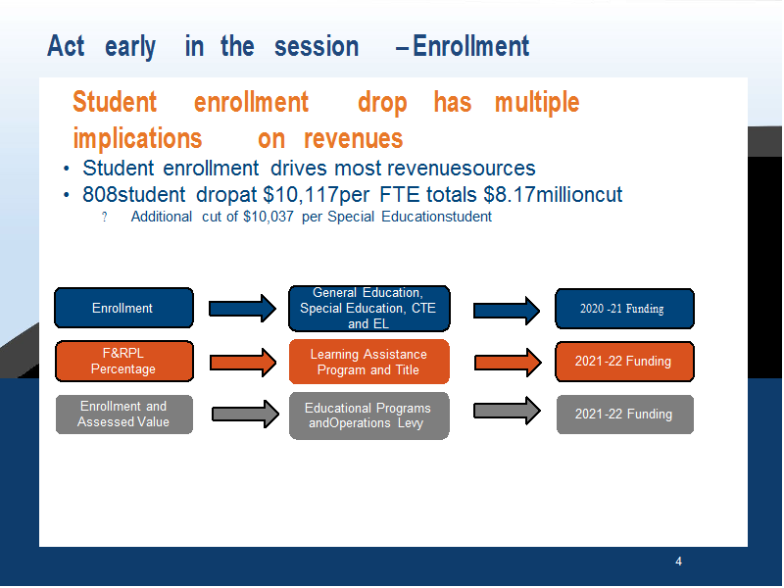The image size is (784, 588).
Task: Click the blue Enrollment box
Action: pyautogui.click(x=124, y=308)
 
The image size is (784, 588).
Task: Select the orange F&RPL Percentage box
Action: pyautogui.click(x=124, y=361)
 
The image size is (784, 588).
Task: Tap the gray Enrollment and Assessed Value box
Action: pyautogui.click(x=124, y=414)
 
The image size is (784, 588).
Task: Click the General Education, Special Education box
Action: pyautogui.click(x=369, y=309)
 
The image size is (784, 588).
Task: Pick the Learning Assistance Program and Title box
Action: pyautogui.click(x=369, y=362)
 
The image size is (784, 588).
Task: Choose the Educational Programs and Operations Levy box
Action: pyautogui.click(x=369, y=416)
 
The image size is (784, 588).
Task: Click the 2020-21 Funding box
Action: pyautogui.click(x=624, y=309)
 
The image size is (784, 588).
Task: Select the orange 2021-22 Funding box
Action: pyautogui.click(x=624, y=361)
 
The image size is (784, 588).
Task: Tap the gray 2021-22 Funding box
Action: pyautogui.click(x=625, y=414)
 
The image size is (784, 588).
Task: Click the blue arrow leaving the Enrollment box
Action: pyautogui.click(x=242, y=309)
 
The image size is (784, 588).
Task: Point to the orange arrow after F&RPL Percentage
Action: pyautogui.click(x=242, y=362)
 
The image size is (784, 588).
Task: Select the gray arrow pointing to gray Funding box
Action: pyautogui.click(x=507, y=411)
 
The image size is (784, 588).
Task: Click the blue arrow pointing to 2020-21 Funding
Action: pyautogui.click(x=507, y=311)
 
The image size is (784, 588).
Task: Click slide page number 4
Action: pyautogui.click(x=678, y=562)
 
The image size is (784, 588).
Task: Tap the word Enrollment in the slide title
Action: pyautogui.click(x=470, y=46)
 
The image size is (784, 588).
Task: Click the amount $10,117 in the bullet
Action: pyautogui.click(x=301, y=194)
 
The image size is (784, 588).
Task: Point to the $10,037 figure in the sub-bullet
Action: pyautogui.click(x=269, y=217)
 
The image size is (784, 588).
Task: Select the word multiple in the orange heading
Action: pyautogui.click(x=537, y=103)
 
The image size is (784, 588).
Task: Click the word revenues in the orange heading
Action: pyautogui.click(x=353, y=138)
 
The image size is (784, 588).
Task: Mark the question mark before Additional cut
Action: pyautogui.click(x=104, y=217)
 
